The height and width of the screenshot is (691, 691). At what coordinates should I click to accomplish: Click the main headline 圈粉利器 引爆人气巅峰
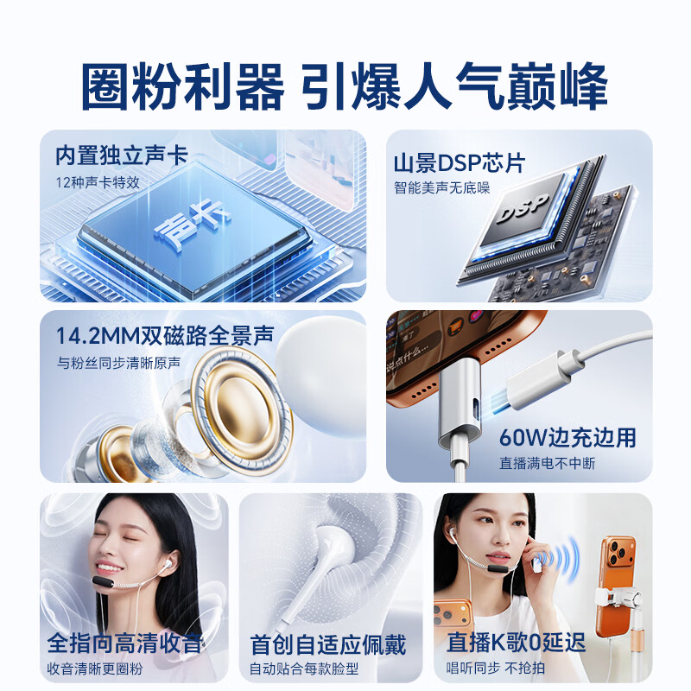pyautogui.click(x=345, y=84)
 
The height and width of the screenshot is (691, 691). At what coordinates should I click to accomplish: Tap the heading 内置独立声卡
pyautogui.click(x=120, y=156)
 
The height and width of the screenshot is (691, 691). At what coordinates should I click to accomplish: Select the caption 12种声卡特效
pyautogui.click(x=97, y=182)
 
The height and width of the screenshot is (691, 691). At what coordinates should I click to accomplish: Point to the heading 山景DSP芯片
pyautogui.click(x=459, y=163)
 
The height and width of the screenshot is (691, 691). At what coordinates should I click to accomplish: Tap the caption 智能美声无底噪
pyautogui.click(x=442, y=187)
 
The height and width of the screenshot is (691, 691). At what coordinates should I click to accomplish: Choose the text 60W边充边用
pyautogui.click(x=567, y=437)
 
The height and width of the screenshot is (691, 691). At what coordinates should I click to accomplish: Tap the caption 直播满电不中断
pyautogui.click(x=547, y=463)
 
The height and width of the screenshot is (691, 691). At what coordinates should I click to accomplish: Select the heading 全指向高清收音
pyautogui.click(x=126, y=643)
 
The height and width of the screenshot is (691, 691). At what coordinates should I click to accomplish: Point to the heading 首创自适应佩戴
pyautogui.click(x=327, y=644)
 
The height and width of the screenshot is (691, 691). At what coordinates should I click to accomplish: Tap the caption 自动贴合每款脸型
pyautogui.click(x=304, y=669)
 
